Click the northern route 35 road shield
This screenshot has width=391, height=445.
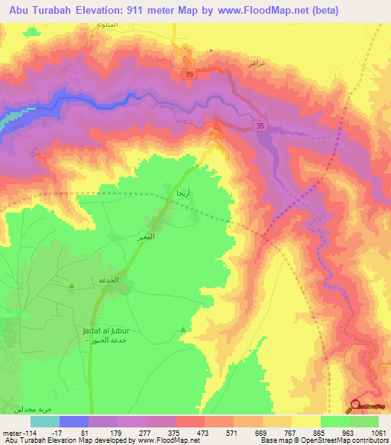pyautogui.click(x=188, y=73)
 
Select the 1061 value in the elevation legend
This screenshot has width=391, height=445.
pyautogui.click(x=377, y=432)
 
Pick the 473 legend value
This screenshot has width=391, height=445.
pyautogui.click(x=204, y=432)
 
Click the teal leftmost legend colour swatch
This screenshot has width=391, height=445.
pyautogui.click(x=45, y=421)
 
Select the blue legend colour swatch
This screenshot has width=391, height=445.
pyautogui.click(x=74, y=421)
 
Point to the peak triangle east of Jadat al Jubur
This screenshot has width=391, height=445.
pyautogui.click(x=183, y=330)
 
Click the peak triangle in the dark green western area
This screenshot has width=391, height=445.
pyautogui.click(x=71, y=287)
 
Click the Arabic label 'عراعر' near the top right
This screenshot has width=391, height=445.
pyautogui.click(x=256, y=64)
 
